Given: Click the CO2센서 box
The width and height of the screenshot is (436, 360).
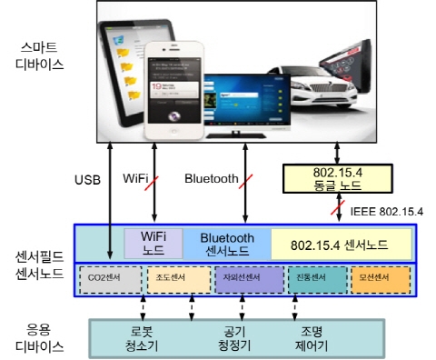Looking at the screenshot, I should pyautogui.click(x=113, y=278).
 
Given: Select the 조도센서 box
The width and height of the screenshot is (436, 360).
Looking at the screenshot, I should pyautogui.click(x=178, y=278).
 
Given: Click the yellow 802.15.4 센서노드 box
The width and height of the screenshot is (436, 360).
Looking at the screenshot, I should pyautogui.click(x=342, y=244).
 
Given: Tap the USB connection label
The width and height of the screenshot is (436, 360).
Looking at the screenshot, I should pyautogui.click(x=88, y=179).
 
